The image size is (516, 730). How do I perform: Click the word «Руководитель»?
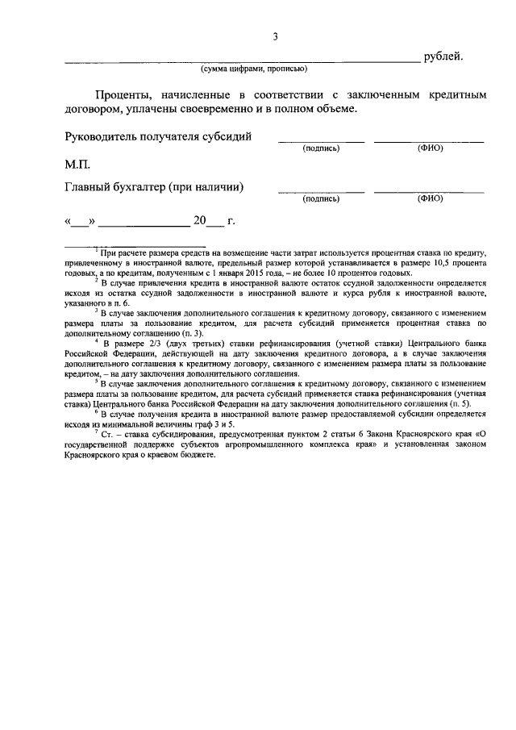point(102,136)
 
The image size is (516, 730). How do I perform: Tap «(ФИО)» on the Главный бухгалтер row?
point(430,199)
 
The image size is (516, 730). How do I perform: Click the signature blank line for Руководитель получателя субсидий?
point(321,142)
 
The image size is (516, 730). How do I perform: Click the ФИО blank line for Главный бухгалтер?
point(429,192)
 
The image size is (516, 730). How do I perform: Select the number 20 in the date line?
point(200,219)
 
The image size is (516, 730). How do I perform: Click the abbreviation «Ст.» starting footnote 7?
point(108,434)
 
